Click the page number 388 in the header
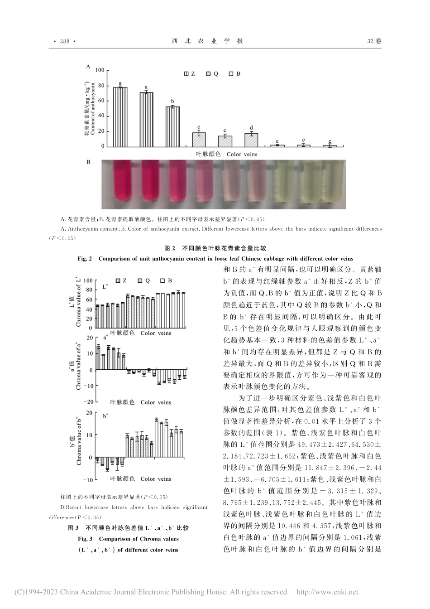click(x=63, y=41)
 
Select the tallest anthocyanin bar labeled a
click(x=120, y=116)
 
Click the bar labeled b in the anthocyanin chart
click(x=172, y=126)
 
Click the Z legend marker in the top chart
click(x=186, y=73)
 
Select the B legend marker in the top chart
click(x=231, y=73)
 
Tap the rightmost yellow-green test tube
click(x=330, y=181)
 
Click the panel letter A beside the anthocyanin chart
click(x=88, y=66)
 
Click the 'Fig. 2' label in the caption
click(x=85, y=259)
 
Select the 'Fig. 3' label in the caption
click(x=85, y=539)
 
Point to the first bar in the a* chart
click(x=98, y=358)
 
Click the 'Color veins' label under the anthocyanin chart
click(x=242, y=154)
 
